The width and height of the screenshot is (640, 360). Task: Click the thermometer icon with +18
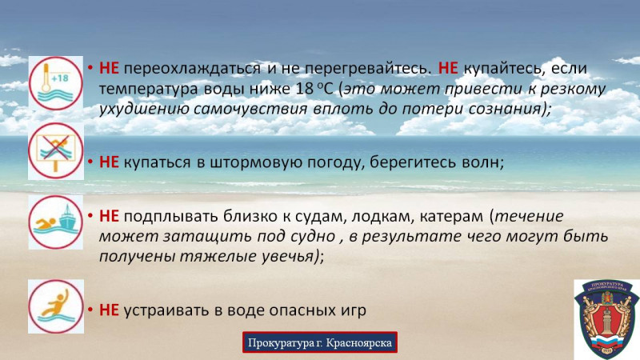[x=56, y=84]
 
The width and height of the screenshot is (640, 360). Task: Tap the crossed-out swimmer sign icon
[x=56, y=151]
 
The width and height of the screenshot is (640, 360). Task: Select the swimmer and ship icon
[x=56, y=222]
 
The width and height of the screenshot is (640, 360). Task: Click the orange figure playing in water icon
[x=56, y=306]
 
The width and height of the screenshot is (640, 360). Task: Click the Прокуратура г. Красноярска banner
[x=320, y=342]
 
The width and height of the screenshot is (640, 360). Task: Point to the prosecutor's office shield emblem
[x=606, y=319]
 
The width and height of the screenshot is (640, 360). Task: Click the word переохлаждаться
[x=192, y=68]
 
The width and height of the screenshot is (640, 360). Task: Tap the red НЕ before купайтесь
[x=448, y=68]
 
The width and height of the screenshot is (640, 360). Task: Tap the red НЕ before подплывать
[x=109, y=216]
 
